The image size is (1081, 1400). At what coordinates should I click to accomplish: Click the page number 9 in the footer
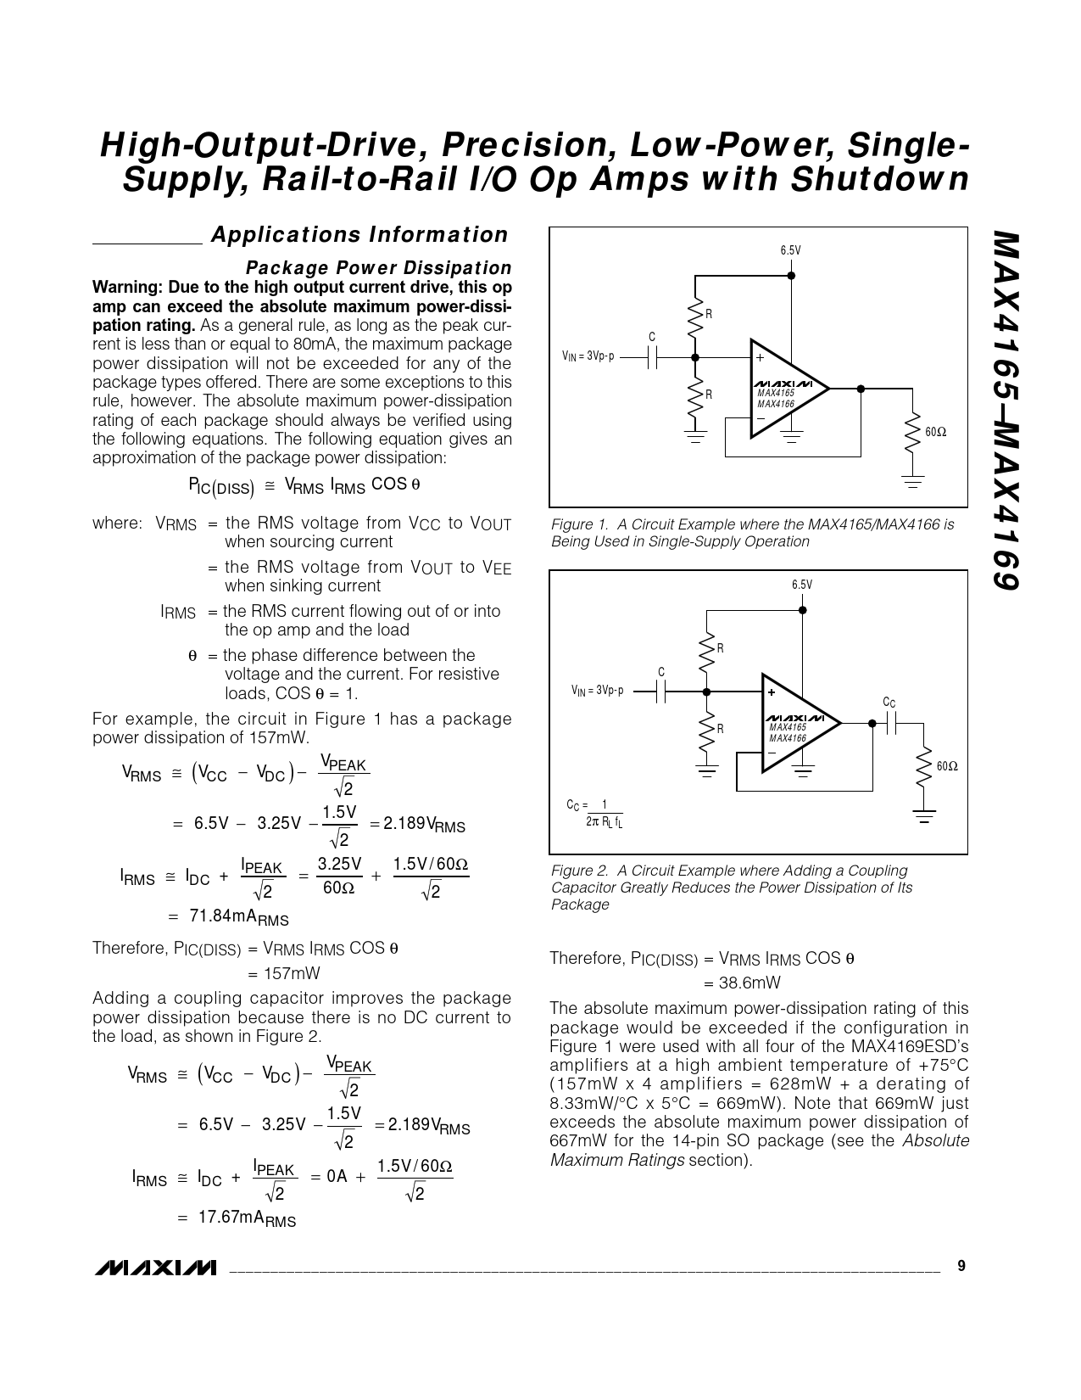point(961,1266)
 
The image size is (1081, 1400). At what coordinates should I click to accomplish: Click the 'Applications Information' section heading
point(359,235)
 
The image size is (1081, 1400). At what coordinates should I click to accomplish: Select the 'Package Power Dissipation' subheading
point(378,268)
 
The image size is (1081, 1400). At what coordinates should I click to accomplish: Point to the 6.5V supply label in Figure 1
point(790,250)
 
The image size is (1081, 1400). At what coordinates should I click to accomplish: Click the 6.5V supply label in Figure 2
point(801,585)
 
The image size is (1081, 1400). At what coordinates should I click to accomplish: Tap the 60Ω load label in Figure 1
point(935,432)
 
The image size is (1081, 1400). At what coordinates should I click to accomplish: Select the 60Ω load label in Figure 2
point(947,766)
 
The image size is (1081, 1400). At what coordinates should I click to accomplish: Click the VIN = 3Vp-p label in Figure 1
point(588,356)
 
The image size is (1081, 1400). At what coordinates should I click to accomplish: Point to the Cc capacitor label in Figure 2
point(889,703)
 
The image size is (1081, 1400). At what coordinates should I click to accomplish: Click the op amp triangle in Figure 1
point(784,389)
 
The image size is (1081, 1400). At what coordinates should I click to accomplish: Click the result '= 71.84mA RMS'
point(229,917)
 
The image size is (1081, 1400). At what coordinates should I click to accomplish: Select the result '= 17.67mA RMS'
point(237,1218)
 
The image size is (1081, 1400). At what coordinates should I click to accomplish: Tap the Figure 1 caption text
point(752,533)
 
